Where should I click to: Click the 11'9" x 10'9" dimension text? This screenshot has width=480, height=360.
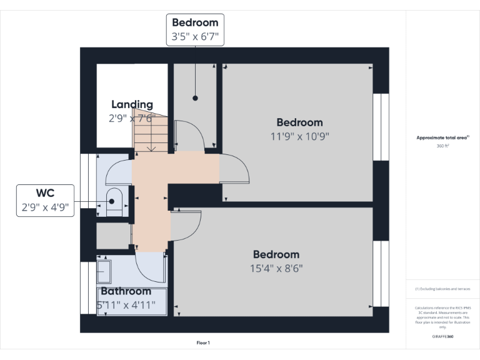click(x=299, y=136)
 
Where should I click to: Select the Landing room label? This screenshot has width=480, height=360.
click(x=132, y=104)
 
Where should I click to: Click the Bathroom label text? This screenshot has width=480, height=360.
click(x=126, y=291)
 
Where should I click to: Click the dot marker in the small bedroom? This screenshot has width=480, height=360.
click(x=195, y=98)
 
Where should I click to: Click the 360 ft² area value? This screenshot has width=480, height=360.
click(x=442, y=146)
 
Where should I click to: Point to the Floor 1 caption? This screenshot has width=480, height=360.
click(x=203, y=343)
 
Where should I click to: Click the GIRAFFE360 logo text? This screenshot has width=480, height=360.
click(x=442, y=337)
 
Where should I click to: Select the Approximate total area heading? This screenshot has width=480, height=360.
click(x=442, y=137)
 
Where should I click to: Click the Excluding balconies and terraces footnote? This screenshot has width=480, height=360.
click(x=442, y=289)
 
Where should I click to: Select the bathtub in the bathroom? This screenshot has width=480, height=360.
click(x=132, y=302)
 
